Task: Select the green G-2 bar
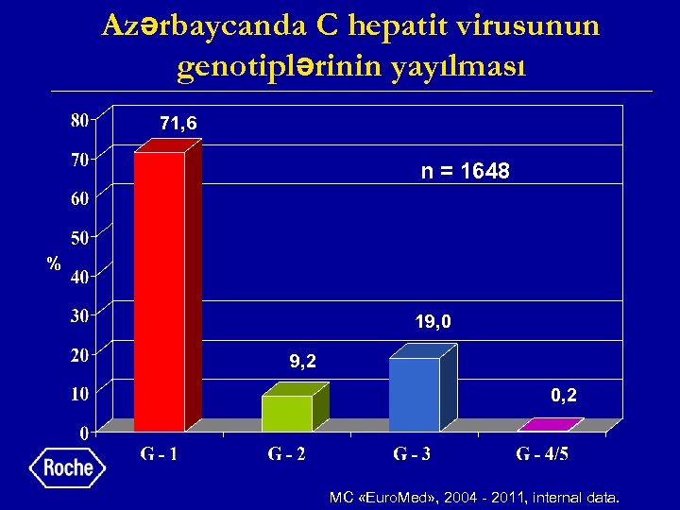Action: (287, 413)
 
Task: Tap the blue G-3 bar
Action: (415, 394)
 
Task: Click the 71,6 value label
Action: (178, 124)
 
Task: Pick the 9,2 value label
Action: (302, 361)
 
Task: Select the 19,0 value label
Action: (433, 322)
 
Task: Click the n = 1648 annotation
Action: (465, 172)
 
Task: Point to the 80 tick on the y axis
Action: (79, 120)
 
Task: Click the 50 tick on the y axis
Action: (79, 237)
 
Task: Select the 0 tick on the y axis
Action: (83, 433)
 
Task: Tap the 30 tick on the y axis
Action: (79, 315)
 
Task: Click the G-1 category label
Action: (160, 455)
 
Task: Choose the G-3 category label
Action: (414, 455)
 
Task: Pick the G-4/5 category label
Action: (542, 455)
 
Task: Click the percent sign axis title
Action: (55, 263)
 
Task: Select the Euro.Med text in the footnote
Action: (404, 495)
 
